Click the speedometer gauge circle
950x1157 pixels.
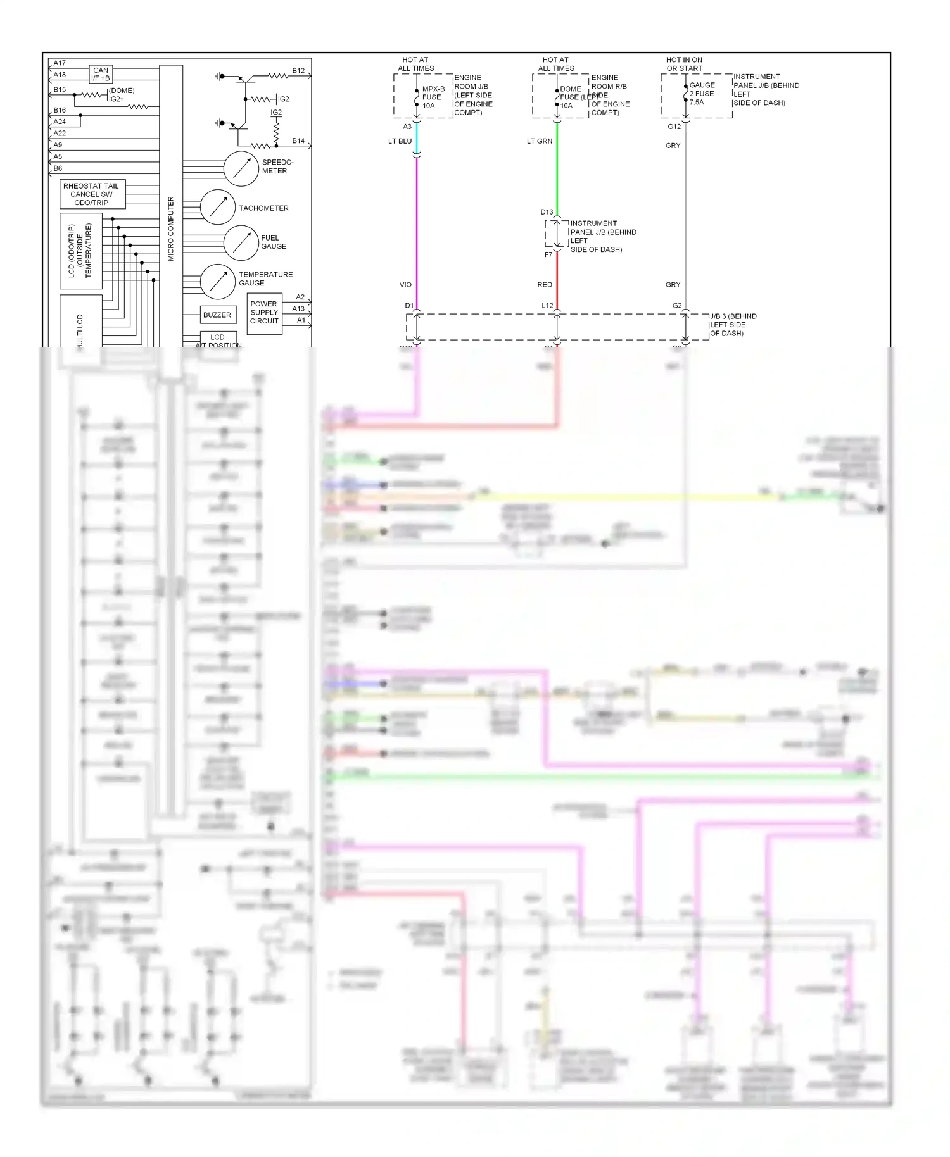click(x=241, y=168)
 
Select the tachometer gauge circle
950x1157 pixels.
click(x=218, y=207)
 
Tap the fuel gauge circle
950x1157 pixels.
click(x=241, y=242)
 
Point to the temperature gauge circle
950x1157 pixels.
click(x=218, y=281)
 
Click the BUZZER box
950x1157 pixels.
click(x=217, y=315)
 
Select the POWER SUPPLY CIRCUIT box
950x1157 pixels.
click(x=264, y=313)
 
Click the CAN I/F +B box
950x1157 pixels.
click(x=101, y=74)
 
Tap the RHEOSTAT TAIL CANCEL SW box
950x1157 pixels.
click(x=92, y=194)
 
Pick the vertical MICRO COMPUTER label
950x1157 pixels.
click(x=170, y=228)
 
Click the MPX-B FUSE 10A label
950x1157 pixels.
click(x=433, y=97)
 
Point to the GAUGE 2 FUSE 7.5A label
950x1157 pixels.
click(x=702, y=93)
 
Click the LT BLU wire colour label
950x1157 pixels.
click(x=400, y=141)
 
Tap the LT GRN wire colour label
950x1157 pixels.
click(x=540, y=141)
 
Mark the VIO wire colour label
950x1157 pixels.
click(x=405, y=285)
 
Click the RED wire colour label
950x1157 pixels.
click(x=545, y=285)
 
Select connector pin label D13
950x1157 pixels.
click(x=547, y=212)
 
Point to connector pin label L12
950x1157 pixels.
click(x=547, y=306)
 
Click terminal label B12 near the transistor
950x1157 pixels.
click(x=298, y=71)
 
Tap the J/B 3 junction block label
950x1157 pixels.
click(x=733, y=325)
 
